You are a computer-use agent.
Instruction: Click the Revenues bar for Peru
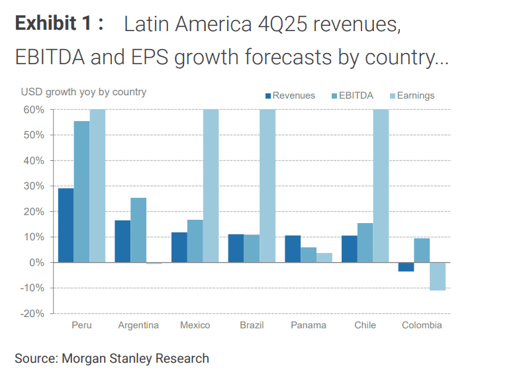pyautogui.click(x=66, y=225)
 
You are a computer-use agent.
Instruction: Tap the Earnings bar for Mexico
pyautogui.click(x=211, y=185)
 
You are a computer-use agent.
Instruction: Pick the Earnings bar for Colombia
pyautogui.click(x=437, y=276)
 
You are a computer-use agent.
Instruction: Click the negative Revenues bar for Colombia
pyautogui.click(x=406, y=267)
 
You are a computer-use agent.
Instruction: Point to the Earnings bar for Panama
pyautogui.click(x=324, y=258)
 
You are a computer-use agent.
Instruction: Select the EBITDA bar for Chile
pyautogui.click(x=365, y=242)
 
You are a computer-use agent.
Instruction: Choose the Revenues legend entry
pyautogui.click(x=289, y=95)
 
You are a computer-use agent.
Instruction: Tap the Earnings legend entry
pyautogui.click(x=410, y=95)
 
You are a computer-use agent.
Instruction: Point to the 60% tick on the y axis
pyautogui.click(x=34, y=109)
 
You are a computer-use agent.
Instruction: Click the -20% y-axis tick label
pyautogui.click(x=33, y=313)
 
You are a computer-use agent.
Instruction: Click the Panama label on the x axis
pyautogui.click(x=309, y=325)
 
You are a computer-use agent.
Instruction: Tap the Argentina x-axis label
pyautogui.click(x=138, y=325)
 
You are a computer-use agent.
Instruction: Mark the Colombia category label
pyautogui.click(x=422, y=325)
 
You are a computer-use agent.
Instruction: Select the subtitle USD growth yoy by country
pyautogui.click(x=83, y=92)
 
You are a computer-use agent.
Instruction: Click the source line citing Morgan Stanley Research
pyautogui.click(x=112, y=359)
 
